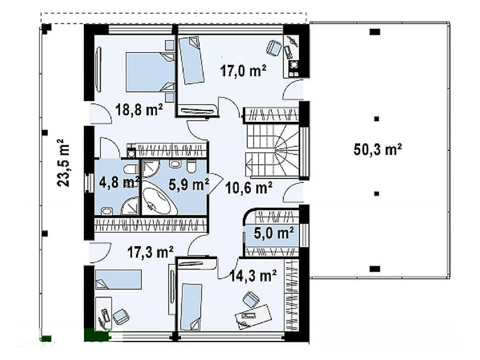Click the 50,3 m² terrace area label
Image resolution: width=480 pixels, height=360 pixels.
pyautogui.click(x=377, y=149)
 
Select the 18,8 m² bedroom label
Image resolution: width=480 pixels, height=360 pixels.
pyautogui.click(x=139, y=109)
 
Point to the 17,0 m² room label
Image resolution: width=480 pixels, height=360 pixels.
pyautogui.click(x=243, y=71)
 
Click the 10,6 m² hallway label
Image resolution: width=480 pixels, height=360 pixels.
pyautogui.click(x=248, y=188)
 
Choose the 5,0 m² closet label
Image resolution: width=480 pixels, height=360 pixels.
pyautogui.click(x=274, y=233)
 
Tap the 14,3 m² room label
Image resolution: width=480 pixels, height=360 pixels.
pyautogui.click(x=253, y=275)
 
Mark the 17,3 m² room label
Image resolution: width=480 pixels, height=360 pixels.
pyautogui.click(x=151, y=253)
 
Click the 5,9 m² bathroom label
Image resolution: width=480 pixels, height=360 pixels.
pyautogui.click(x=189, y=185)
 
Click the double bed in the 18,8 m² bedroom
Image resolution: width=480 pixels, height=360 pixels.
pyautogui.click(x=150, y=72)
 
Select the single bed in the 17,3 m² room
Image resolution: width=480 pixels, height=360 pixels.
pyautogui.click(x=118, y=279)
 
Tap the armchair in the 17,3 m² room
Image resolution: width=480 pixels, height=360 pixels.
pyautogui.click(x=121, y=317)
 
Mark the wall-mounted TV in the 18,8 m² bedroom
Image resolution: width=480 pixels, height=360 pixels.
pyautogui.click(x=98, y=70)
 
